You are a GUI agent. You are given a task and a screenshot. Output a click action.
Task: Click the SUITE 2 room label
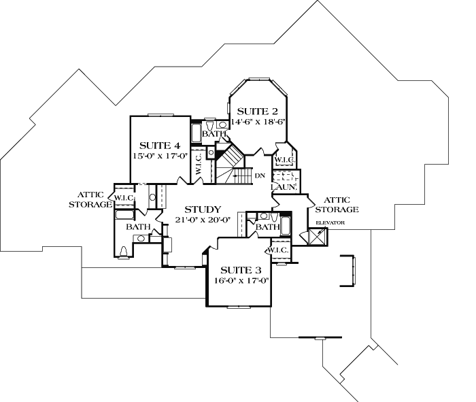258,112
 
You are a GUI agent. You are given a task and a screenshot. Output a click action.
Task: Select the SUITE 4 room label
160,146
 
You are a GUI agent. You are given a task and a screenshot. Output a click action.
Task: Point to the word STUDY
202,210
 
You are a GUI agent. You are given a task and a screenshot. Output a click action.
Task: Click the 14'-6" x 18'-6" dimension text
258,122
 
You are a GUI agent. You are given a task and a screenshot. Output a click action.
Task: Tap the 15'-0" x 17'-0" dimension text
160,156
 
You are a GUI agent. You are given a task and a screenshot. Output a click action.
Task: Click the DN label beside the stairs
260,176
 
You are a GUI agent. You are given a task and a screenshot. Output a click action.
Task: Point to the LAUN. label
282,186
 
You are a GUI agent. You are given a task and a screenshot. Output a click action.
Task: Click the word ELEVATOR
330,222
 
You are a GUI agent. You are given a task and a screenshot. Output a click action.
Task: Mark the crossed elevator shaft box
317,236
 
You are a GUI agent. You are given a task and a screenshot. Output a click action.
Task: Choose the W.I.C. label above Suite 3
279,250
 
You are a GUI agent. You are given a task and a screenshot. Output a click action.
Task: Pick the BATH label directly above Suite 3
268,227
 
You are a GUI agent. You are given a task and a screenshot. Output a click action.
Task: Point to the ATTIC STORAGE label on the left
91,199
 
